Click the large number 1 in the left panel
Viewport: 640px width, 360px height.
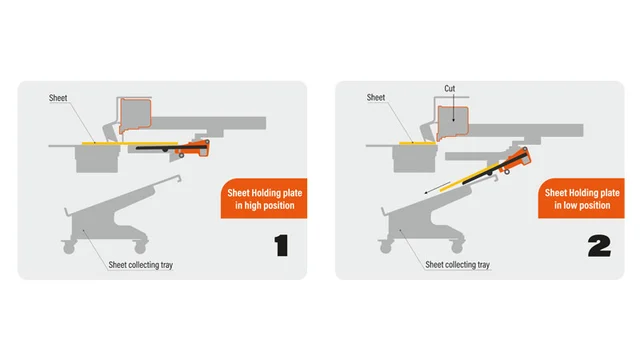(282, 245)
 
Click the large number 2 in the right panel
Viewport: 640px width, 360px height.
(599, 246)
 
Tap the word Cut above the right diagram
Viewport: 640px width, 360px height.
(449, 89)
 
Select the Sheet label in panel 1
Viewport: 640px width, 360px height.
(58, 98)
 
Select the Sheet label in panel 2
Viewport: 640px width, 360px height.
(376, 98)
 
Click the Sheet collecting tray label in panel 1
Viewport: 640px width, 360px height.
(140, 265)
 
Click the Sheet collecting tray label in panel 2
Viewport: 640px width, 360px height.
(457, 264)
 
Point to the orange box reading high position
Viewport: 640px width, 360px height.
(264, 198)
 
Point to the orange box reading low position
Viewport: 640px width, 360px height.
(581, 198)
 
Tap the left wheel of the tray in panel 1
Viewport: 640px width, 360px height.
(69, 248)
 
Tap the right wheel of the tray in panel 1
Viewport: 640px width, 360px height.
(140, 247)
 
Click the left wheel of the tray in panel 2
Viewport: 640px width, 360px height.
(385, 247)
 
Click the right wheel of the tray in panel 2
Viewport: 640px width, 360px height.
(457, 247)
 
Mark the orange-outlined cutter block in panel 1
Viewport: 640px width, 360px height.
(135, 116)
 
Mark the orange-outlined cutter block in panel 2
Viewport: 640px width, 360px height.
(453, 123)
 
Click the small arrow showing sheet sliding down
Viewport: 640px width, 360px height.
(437, 188)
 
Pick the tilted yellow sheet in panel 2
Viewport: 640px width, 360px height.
(469, 177)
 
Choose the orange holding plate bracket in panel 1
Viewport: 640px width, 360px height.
(194, 148)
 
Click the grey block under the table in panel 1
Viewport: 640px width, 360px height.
(98, 160)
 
